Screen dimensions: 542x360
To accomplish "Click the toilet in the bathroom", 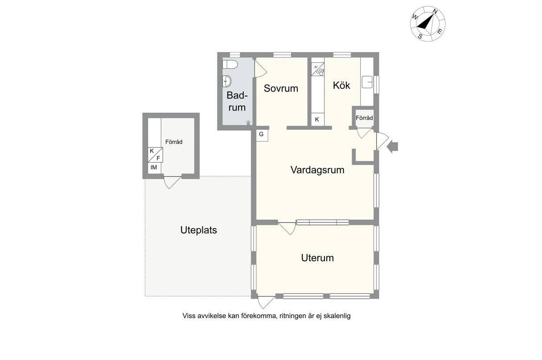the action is (x=230, y=64).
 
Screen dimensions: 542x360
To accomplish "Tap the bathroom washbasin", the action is (x=227, y=81).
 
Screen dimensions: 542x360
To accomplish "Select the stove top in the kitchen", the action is (x=317, y=69).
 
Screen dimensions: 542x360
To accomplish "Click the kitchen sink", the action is (x=367, y=82).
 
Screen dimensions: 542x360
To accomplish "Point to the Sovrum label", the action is (x=281, y=88).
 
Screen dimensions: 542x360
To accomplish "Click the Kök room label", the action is (x=341, y=85).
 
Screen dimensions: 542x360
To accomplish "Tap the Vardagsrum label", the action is (x=317, y=170).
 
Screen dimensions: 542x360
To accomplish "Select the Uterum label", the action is (x=317, y=258).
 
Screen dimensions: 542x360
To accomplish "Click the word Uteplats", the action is (x=198, y=230).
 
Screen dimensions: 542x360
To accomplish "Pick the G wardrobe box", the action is (x=262, y=135).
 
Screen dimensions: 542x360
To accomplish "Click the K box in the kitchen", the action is (x=317, y=119).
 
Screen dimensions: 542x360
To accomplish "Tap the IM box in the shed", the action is (x=154, y=168).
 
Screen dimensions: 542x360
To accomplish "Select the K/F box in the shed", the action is (x=155, y=155).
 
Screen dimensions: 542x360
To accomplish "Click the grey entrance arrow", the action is (x=393, y=147).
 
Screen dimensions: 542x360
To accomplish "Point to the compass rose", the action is (x=427, y=24).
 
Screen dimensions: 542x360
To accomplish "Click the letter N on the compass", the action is (x=435, y=12).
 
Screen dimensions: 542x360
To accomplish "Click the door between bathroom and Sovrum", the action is (x=260, y=69).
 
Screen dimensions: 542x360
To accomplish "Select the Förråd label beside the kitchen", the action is (x=364, y=118).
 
